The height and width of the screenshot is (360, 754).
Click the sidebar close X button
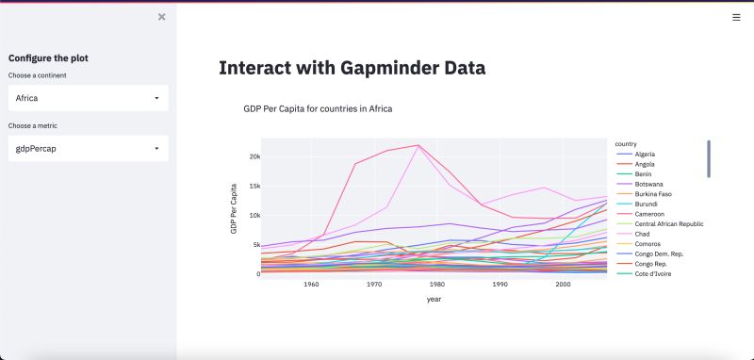tap(162, 17)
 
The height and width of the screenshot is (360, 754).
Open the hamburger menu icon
tap(736, 17)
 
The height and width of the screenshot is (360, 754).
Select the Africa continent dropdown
tap(88, 98)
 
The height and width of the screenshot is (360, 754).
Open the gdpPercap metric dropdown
tap(88, 148)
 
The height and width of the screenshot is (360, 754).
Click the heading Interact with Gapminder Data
tap(352, 68)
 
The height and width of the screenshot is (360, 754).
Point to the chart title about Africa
tap(318, 109)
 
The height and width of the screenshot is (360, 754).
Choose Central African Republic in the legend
tap(669, 224)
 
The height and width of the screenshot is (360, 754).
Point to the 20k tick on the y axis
tap(254, 156)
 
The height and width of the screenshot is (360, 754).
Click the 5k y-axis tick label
tap(254, 245)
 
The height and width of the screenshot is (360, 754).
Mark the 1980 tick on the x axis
tap(436, 284)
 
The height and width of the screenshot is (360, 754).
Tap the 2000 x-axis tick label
tap(562, 284)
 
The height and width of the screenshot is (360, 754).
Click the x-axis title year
tap(434, 300)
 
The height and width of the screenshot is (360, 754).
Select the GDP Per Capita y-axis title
tap(234, 209)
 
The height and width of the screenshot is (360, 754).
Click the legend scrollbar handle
tap(709, 158)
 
